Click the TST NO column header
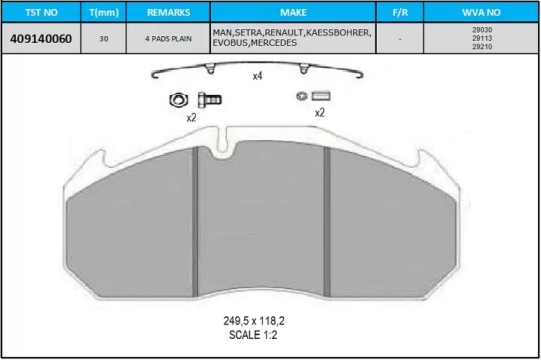[x=41, y=12]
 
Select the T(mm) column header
[x=103, y=12]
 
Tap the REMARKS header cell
[x=168, y=12]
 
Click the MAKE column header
[x=293, y=12]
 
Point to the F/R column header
[x=400, y=12]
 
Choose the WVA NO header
[x=481, y=12]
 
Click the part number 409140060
[x=41, y=39]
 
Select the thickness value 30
[x=103, y=39]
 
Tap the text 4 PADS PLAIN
[x=168, y=39]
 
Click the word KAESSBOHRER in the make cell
[x=338, y=32]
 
